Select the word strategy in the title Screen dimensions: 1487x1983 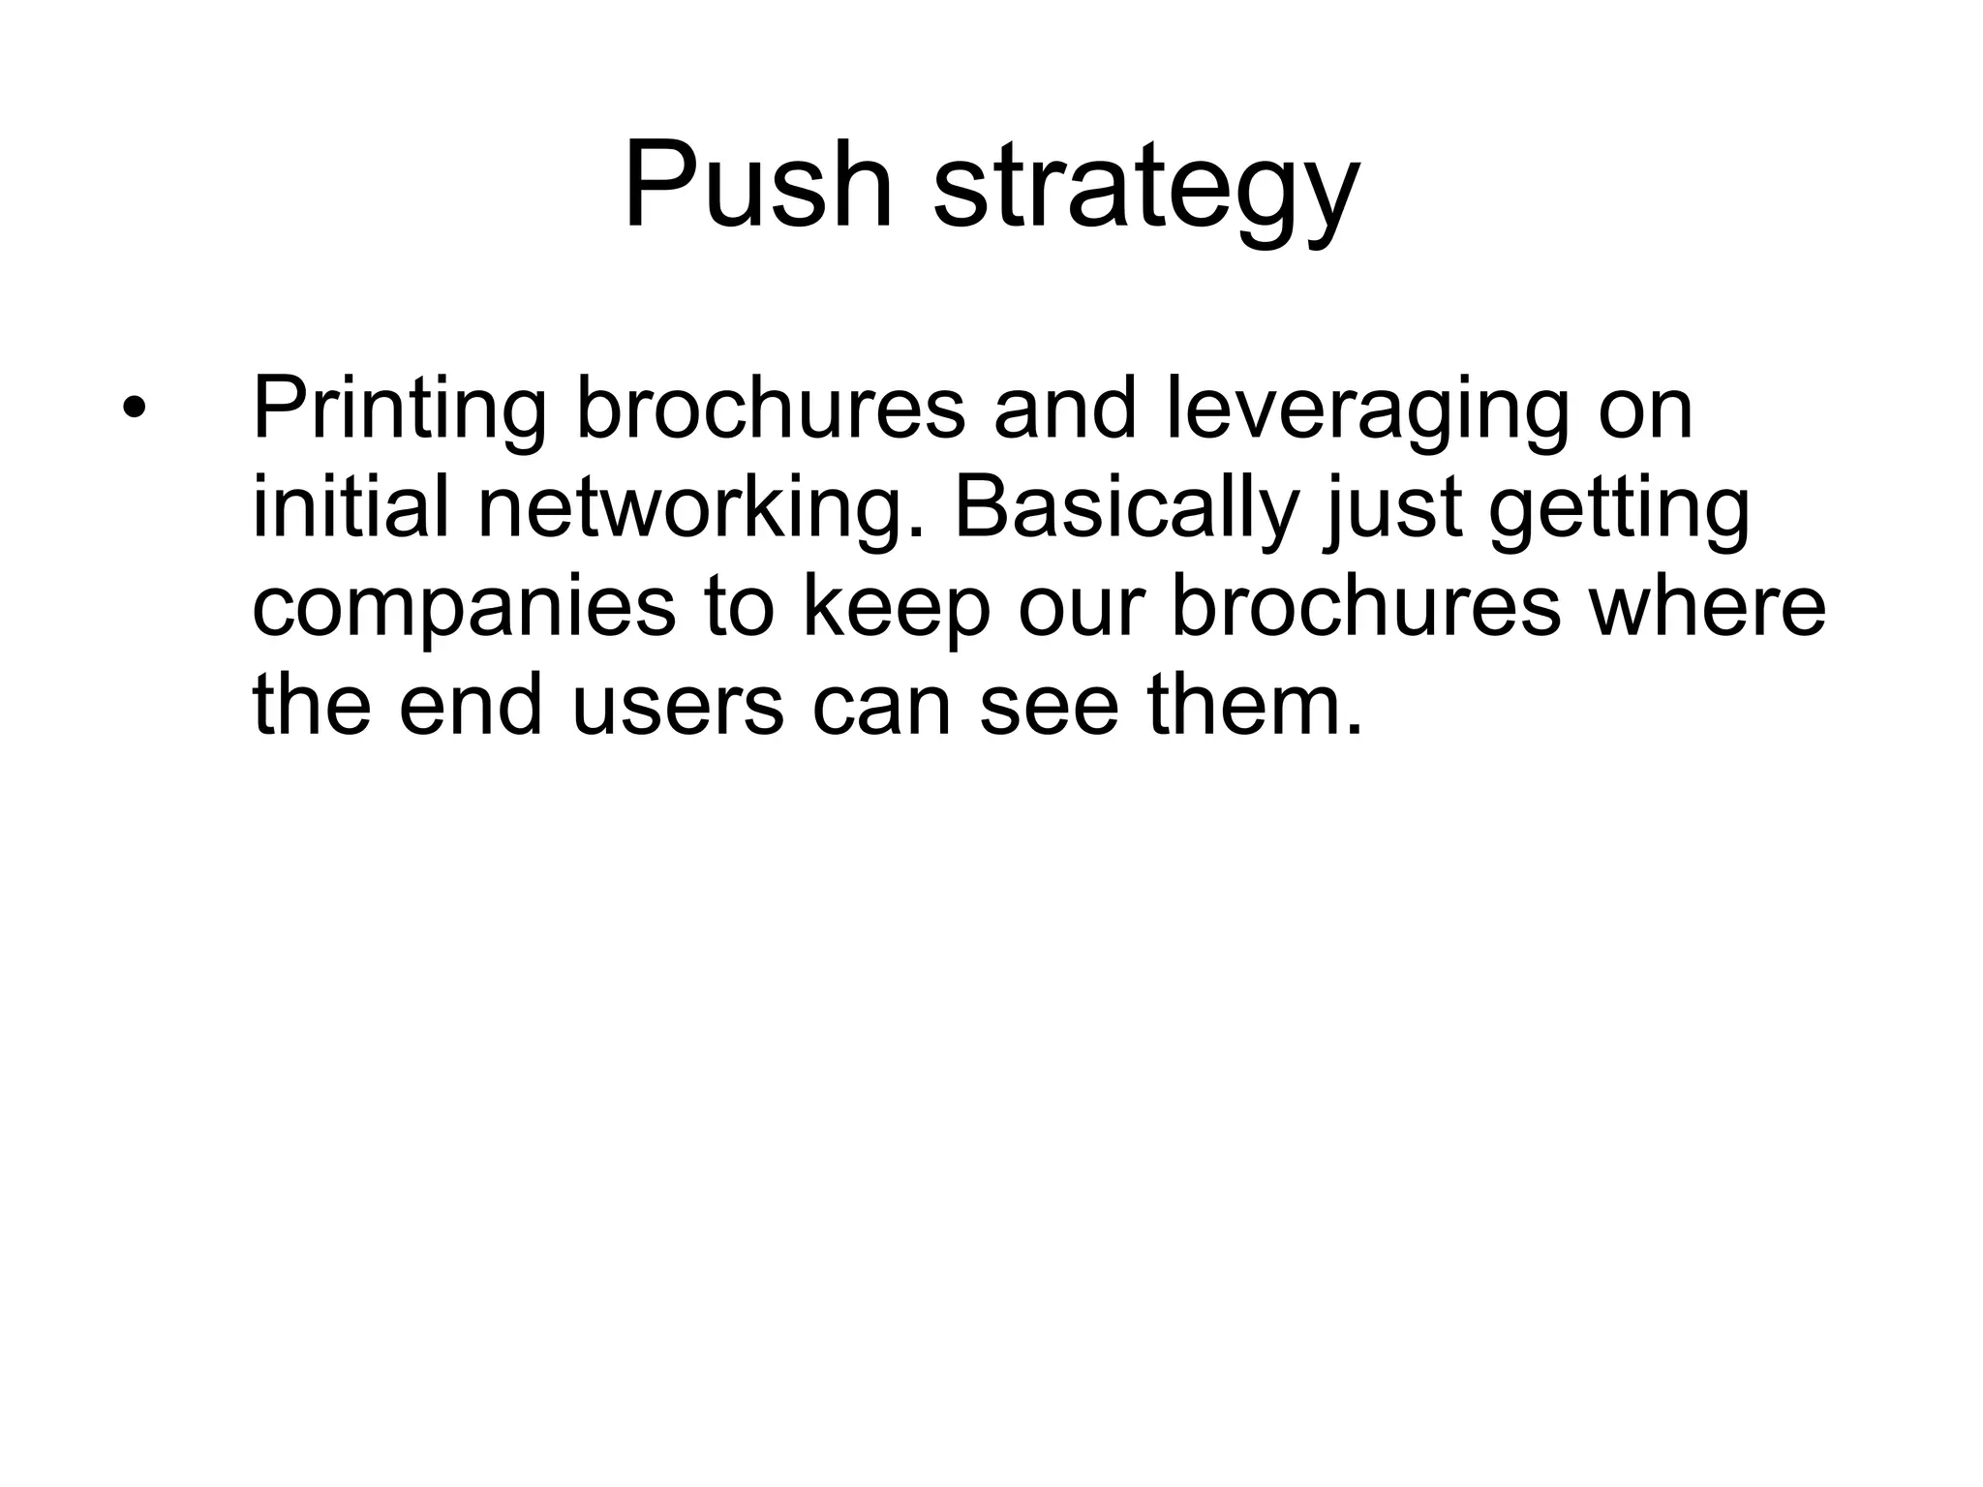pyautogui.click(x=1146, y=190)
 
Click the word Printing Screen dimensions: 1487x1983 pyautogui.click(x=399, y=412)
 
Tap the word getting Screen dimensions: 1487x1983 pyautogui.click(x=1619, y=511)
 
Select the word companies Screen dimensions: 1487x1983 pyautogui.click(x=463, y=611)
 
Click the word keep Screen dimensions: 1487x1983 pyautogui.click(x=896, y=611)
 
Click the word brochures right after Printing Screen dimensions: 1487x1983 pyautogui.click(x=771, y=410)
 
